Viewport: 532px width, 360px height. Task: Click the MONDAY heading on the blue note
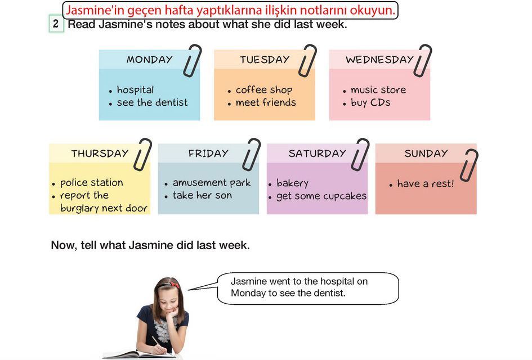click(150, 59)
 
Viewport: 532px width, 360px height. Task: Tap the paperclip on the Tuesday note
click(308, 60)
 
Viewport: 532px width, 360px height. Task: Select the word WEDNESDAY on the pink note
click(379, 59)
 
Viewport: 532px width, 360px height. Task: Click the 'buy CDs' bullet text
click(370, 102)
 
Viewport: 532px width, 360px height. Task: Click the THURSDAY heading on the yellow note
click(100, 153)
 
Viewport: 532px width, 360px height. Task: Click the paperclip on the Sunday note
click(470, 165)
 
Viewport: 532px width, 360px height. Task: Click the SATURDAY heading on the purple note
click(318, 153)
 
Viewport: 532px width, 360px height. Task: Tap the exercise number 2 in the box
click(56, 24)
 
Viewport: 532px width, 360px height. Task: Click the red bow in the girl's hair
click(175, 284)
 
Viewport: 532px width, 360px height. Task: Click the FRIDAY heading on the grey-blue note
click(208, 153)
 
